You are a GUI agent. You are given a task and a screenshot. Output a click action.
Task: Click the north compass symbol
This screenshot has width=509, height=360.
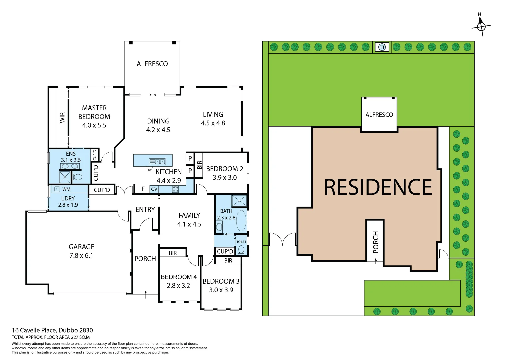click(481, 26)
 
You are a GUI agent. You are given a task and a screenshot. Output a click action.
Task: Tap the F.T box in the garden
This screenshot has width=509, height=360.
click(382, 47)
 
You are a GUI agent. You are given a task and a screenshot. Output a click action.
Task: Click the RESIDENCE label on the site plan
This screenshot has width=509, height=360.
click(378, 187)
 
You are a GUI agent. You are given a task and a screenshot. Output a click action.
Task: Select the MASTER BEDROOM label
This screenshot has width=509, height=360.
click(94, 112)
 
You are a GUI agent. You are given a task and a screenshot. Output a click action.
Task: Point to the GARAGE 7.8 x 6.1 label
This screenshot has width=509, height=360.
click(81, 251)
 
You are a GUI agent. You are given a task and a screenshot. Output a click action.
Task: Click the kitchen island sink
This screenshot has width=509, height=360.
click(157, 162)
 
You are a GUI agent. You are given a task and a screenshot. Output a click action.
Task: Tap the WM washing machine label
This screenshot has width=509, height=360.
click(66, 189)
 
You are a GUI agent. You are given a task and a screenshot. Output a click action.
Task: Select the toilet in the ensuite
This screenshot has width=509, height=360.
click(77, 177)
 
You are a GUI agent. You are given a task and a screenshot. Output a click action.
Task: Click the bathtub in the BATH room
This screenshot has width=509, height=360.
click(241, 221)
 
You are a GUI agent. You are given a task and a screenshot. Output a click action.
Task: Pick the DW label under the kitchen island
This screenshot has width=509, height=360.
click(149, 170)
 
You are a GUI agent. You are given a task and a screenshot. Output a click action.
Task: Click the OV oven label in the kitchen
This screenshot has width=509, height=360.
click(154, 189)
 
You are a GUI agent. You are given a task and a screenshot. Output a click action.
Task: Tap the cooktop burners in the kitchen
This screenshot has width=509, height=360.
click(175, 189)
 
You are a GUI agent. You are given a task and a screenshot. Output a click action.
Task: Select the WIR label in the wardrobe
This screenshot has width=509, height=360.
click(62, 117)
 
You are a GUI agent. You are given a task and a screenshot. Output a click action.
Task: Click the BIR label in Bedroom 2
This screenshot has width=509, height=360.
click(199, 165)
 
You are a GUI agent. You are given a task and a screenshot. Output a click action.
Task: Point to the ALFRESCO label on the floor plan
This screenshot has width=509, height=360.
click(152, 64)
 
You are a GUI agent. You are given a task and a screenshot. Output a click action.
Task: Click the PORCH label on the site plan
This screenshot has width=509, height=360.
click(376, 242)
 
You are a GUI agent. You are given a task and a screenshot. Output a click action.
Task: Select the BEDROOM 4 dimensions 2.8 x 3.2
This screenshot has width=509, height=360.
click(178, 286)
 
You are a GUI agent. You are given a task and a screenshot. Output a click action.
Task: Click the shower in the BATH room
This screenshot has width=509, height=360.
click(239, 201)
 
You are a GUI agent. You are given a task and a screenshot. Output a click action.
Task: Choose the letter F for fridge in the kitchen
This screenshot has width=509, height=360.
click(143, 189)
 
